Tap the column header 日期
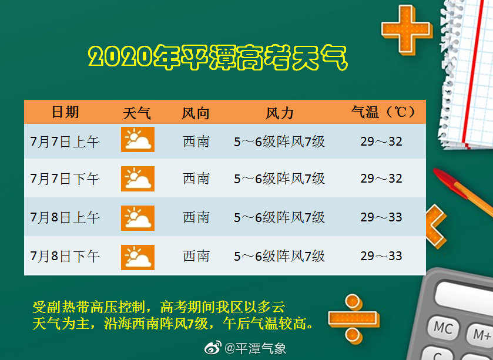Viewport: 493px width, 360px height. coord(65,112)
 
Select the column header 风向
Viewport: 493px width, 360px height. coord(196,113)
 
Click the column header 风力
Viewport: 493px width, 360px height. coord(279,113)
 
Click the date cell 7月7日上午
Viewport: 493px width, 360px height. coord(65,142)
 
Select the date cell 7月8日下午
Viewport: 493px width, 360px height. coord(65,256)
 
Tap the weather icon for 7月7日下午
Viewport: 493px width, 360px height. coord(137,179)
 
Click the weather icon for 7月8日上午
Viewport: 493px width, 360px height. coord(137,218)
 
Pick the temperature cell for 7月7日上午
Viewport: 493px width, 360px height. coord(381,142)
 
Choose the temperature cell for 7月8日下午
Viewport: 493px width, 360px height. coord(381,256)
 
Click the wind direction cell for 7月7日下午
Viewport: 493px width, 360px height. coord(196,179)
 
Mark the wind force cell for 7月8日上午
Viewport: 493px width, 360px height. coord(279,218)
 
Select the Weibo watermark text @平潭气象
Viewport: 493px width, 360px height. coord(256,348)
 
